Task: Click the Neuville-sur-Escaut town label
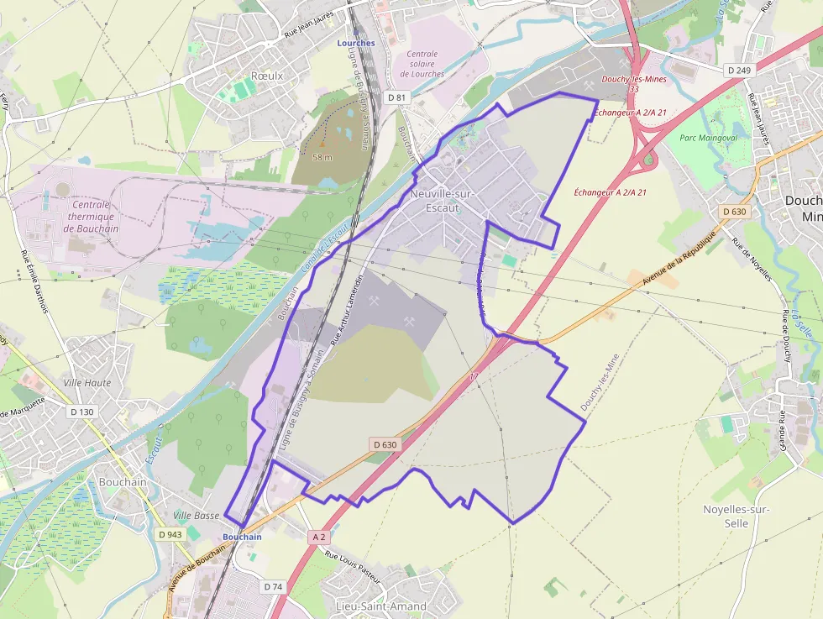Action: point(442,201)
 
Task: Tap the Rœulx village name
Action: point(267,76)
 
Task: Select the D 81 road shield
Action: point(396,97)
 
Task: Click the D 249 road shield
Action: point(738,70)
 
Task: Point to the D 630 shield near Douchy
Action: point(733,212)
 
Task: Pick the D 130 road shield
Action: point(82,412)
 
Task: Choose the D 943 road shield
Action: point(170,534)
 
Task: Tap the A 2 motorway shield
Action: point(318,536)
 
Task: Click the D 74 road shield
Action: point(272,586)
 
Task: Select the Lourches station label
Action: point(356,43)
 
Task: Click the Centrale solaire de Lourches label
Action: point(422,63)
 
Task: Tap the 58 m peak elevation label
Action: point(322,157)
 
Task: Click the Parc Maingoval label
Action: point(708,138)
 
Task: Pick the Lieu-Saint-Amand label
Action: point(380,606)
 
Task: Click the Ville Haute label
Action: point(87,383)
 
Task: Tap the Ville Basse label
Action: point(196,515)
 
